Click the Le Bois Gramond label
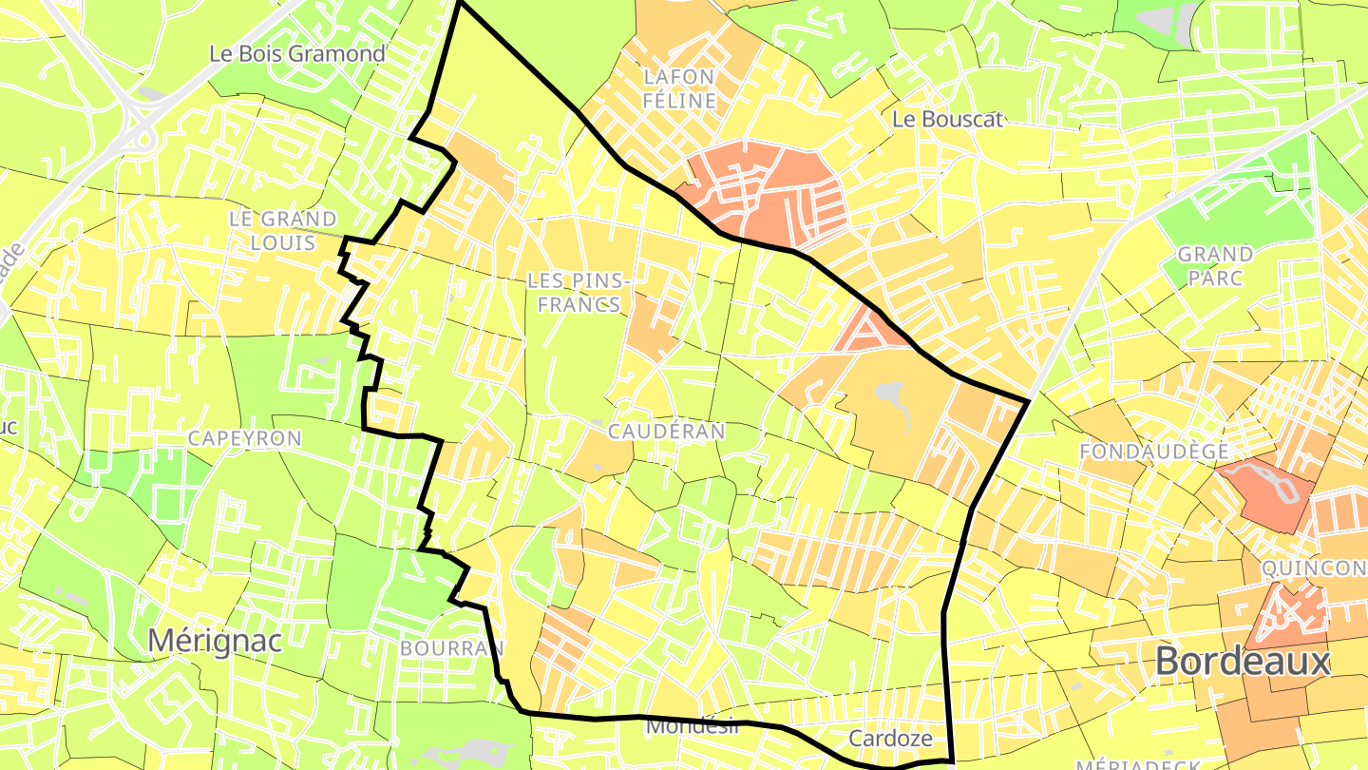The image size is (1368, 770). pyautogui.click(x=296, y=53)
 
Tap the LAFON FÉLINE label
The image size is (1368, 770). pyautogui.click(x=678, y=87)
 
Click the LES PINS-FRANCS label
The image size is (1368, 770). pyautogui.click(x=577, y=292)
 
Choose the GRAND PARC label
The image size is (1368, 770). pyautogui.click(x=1215, y=265)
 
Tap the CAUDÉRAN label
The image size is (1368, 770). pyautogui.click(x=666, y=432)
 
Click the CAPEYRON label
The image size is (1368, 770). pyautogui.click(x=244, y=438)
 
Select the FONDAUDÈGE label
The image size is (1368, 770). pyautogui.click(x=1154, y=452)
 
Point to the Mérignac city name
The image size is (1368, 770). pyautogui.click(x=215, y=641)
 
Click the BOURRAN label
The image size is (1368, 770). pyautogui.click(x=451, y=648)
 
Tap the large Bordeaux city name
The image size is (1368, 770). pyautogui.click(x=1244, y=661)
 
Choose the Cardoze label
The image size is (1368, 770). pyautogui.click(x=889, y=739)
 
